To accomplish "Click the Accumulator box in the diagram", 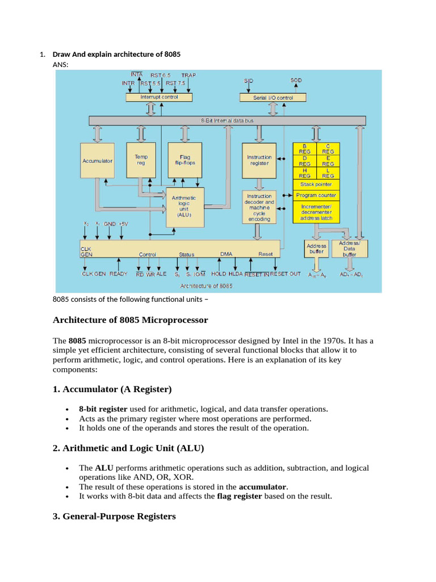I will (x=98, y=161).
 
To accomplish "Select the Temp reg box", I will (x=141, y=160).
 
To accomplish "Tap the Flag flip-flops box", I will (x=185, y=160).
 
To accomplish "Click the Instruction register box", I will (x=259, y=160).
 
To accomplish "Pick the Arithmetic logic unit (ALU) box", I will (x=183, y=207).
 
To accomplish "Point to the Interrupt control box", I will (x=159, y=97).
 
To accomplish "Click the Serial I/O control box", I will (x=273, y=98).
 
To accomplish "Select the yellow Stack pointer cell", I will (x=316, y=184).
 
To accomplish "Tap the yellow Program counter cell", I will (x=316, y=195).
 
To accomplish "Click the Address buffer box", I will (x=316, y=248).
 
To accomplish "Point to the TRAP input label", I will (x=189, y=75).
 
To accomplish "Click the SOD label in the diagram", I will (x=296, y=81).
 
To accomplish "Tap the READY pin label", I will (x=118, y=274).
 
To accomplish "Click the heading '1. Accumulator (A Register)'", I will (x=112, y=389).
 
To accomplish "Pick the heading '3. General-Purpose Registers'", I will (x=114, y=517).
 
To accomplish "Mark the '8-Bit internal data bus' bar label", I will (x=227, y=121).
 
